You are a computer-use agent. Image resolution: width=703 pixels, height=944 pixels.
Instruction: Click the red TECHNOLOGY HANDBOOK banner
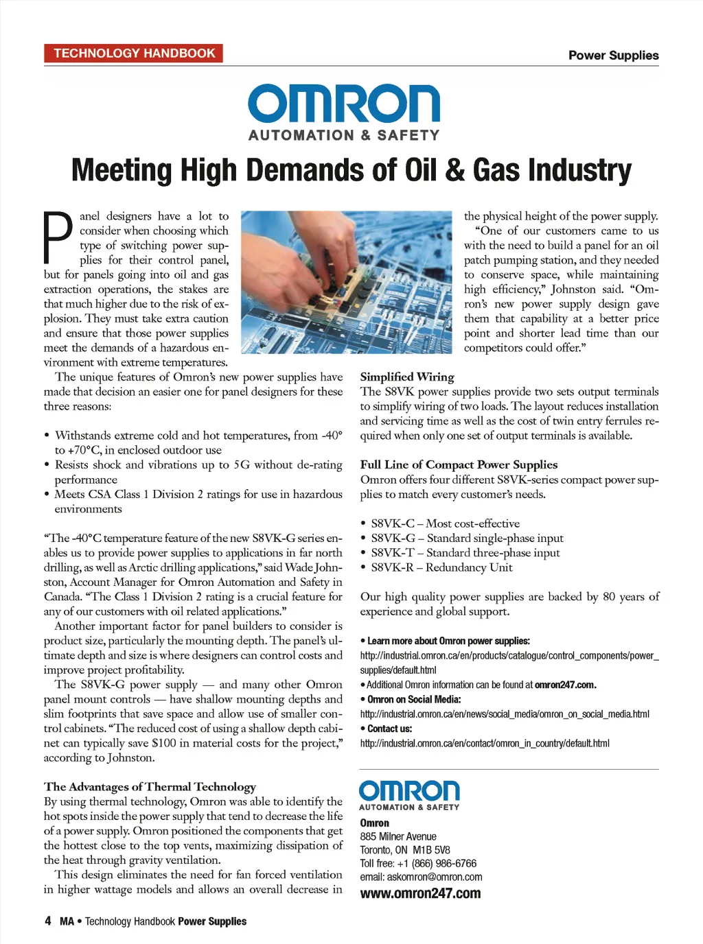[x=134, y=54]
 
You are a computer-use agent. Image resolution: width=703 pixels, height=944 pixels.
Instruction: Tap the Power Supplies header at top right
[x=613, y=56]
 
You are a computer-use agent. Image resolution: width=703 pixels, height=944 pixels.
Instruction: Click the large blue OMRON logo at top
[x=343, y=105]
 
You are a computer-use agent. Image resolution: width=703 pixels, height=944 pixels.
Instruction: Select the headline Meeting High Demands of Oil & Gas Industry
[x=351, y=171]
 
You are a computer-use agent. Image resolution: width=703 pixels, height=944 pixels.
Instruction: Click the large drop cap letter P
[x=58, y=238]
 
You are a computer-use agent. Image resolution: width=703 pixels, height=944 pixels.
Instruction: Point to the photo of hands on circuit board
[x=346, y=281]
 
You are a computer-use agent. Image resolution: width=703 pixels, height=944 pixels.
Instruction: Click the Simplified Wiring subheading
[x=407, y=377]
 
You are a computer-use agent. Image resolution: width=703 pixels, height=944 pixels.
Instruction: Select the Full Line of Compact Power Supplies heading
[x=459, y=464]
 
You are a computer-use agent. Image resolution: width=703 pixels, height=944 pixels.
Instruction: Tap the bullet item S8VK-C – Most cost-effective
[x=445, y=523]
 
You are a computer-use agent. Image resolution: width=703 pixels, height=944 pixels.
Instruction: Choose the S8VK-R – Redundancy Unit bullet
[x=441, y=567]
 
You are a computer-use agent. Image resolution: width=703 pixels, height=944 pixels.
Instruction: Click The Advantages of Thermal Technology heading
[x=150, y=787]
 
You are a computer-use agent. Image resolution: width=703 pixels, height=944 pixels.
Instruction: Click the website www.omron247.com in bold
[x=420, y=893]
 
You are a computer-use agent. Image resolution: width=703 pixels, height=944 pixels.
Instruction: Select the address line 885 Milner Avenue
[x=398, y=836]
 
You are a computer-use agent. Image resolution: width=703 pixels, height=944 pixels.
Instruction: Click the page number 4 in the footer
[x=48, y=921]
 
